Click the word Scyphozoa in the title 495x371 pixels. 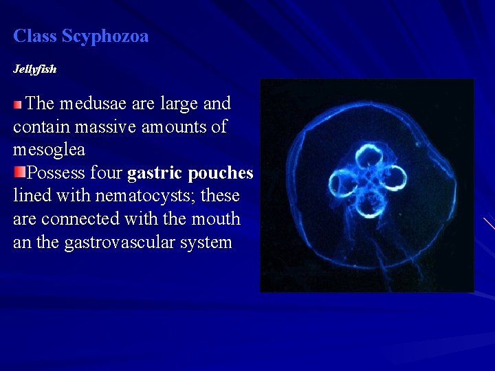tap(105, 36)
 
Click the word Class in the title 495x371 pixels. tap(35, 36)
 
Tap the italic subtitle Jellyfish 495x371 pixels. tap(35, 69)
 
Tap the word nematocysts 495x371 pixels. tap(144, 196)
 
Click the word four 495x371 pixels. tap(106, 173)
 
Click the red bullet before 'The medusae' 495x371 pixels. tap(18, 104)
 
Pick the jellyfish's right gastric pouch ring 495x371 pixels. tap(393, 179)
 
